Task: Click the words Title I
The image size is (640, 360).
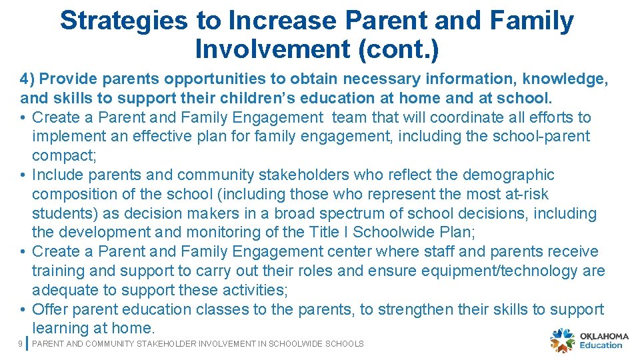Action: pos(325,233)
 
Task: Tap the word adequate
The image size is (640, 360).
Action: pos(64,290)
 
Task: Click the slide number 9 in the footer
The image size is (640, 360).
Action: pos(21,344)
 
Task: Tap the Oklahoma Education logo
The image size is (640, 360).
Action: pos(589,340)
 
